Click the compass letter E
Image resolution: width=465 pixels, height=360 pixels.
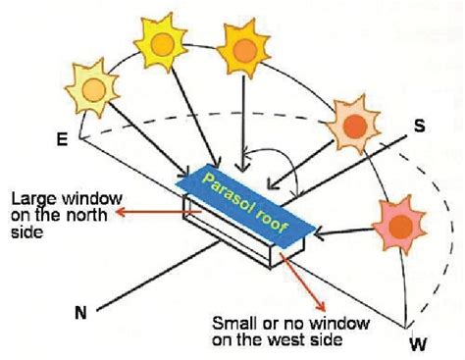(x=63, y=140)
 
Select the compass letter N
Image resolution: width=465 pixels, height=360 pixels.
(x=80, y=314)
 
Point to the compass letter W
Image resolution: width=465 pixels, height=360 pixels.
(x=418, y=344)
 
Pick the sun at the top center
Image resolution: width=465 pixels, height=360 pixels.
(x=241, y=46)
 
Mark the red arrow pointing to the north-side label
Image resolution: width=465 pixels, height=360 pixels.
(x=147, y=208)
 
